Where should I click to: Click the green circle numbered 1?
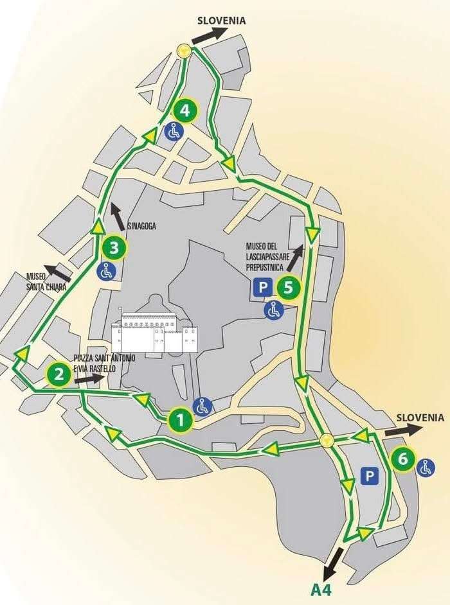point(180,421)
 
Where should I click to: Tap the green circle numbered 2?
point(59,374)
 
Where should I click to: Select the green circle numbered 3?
point(114,246)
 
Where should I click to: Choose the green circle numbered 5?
point(288,287)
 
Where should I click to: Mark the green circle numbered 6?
point(402,459)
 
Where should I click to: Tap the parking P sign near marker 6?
point(369,476)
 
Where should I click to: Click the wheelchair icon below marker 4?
point(174,131)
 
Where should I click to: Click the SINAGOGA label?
point(142,226)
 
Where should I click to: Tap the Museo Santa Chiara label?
point(46,281)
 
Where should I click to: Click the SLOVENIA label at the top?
point(221,21)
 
